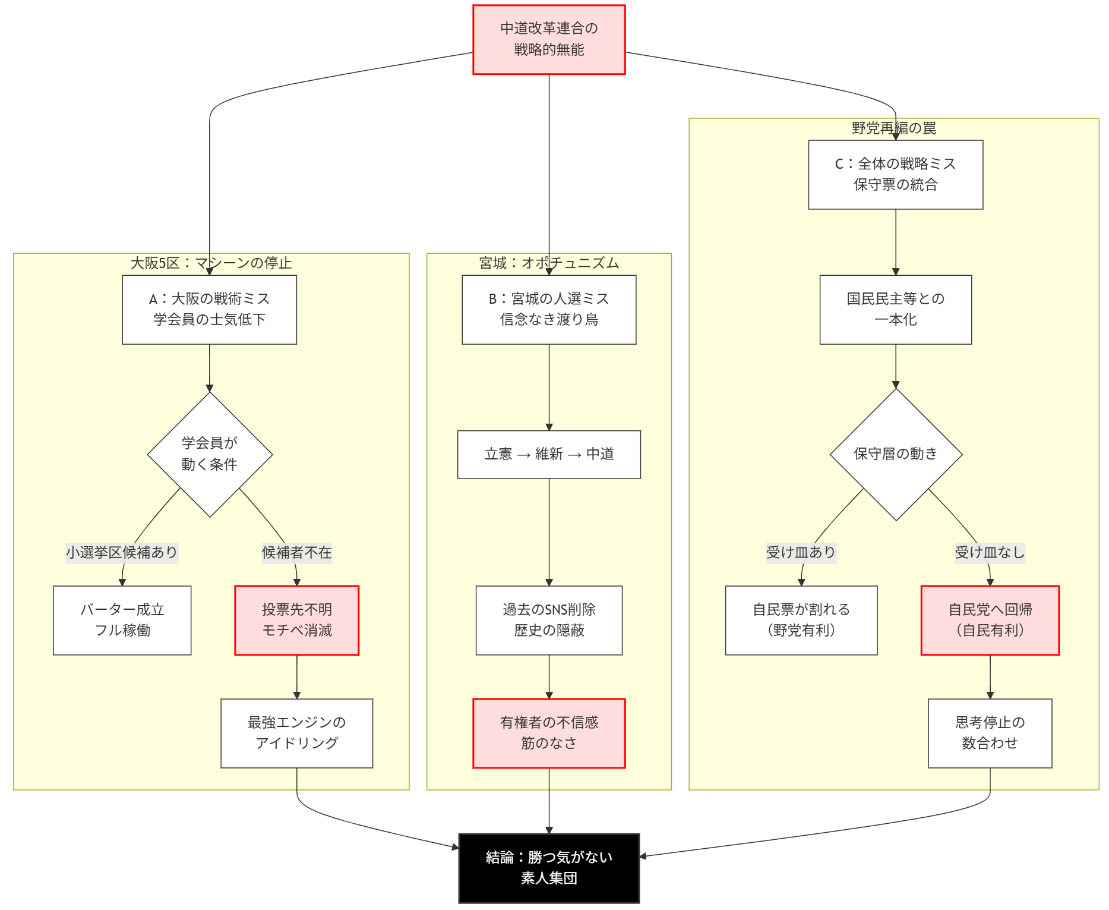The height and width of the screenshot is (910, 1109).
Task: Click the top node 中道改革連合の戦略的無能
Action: coord(549,39)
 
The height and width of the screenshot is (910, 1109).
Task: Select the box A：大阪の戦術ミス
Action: coord(209,309)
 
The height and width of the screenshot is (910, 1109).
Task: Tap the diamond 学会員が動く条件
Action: coord(210,454)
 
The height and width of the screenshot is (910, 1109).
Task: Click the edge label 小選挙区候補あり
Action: coord(122,553)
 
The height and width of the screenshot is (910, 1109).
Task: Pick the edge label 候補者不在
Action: coord(296,553)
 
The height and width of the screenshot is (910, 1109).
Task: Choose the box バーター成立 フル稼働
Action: coord(122,620)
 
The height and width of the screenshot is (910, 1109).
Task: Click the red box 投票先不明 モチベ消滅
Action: coord(296,620)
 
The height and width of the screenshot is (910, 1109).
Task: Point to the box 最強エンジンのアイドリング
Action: coord(296,733)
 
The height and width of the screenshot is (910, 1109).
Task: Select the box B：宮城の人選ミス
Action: coord(549,309)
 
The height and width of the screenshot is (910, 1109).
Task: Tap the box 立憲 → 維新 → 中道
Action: coord(549,454)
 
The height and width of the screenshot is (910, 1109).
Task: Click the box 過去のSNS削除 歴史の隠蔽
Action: coord(549,620)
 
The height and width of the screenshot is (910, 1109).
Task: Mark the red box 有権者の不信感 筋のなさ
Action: coord(549,733)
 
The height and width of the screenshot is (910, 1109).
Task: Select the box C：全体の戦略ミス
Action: coord(895,174)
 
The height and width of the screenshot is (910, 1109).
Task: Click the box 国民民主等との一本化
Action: coord(895,309)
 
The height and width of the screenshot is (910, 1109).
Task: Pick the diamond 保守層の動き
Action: coord(896,454)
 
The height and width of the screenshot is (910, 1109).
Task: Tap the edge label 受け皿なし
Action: coord(990,553)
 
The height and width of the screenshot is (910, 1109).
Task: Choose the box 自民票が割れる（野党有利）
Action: coord(801,620)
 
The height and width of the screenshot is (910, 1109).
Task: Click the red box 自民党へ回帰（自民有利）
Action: coord(990,620)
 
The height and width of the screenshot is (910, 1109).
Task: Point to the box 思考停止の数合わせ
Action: coord(990,733)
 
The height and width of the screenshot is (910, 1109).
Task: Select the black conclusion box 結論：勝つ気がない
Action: coord(549,868)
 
